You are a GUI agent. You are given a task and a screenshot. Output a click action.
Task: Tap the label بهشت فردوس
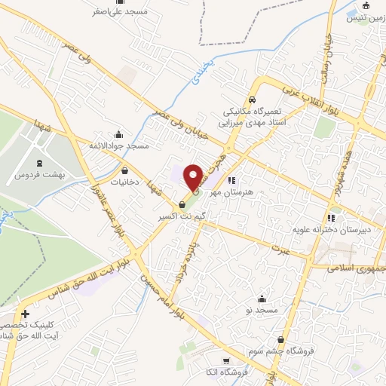[38, 175]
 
